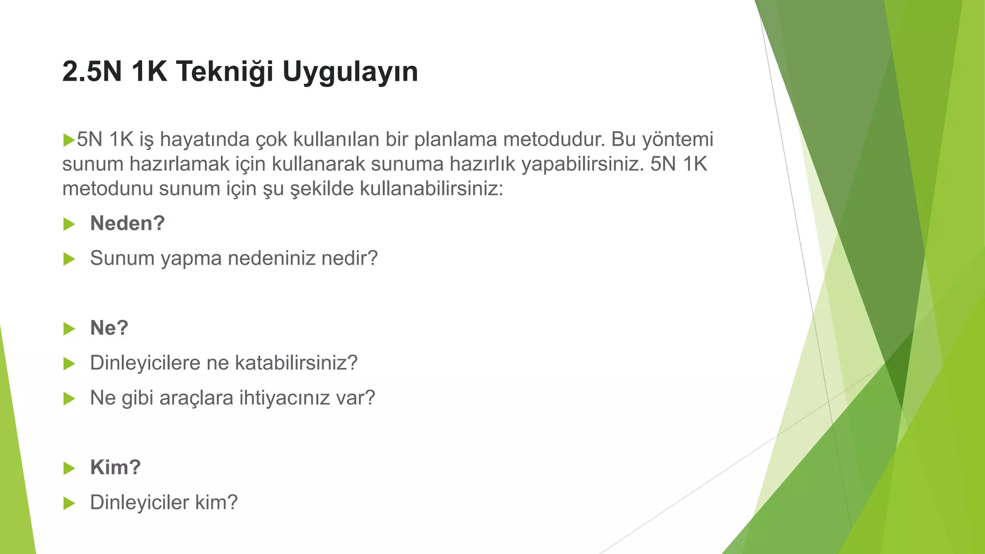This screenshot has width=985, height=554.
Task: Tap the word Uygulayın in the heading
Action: coord(350,72)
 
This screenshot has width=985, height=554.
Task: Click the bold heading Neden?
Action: coord(127,223)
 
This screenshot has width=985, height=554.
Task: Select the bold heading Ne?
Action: coord(109,328)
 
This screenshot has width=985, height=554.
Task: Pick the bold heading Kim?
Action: coord(115,467)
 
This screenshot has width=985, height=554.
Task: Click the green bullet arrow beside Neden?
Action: coord(69,224)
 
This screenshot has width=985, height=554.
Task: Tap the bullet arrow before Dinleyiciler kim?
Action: coord(69,504)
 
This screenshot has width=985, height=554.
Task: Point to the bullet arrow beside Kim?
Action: coord(69,468)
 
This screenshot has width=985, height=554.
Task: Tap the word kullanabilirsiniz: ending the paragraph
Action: coord(431,189)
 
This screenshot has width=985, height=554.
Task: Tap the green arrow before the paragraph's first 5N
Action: coord(69,140)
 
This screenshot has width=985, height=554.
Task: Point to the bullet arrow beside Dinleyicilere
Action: coord(69,364)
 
